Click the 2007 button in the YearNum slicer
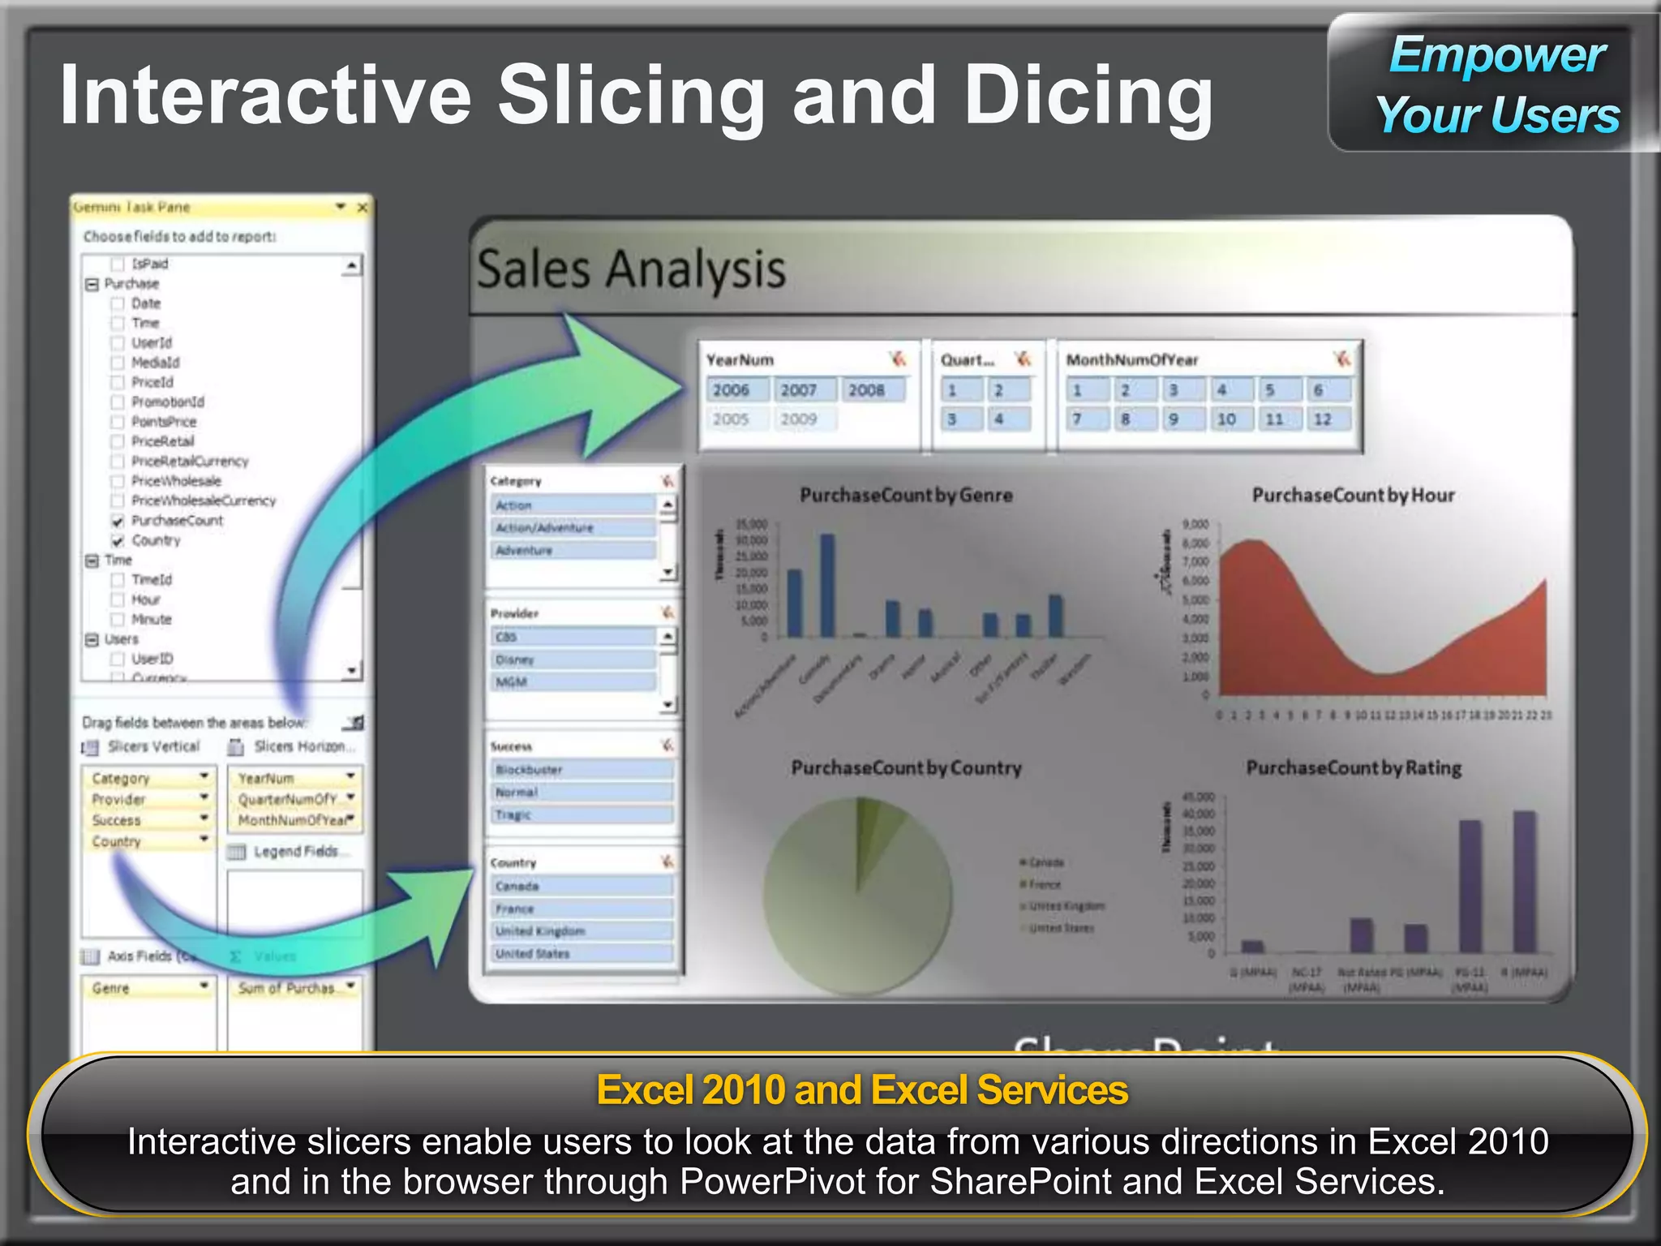pos(799,390)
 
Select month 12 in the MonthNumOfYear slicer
pos(1323,419)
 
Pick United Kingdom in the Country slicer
pos(582,931)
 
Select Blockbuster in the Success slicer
pos(582,769)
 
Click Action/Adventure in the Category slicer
pos(572,528)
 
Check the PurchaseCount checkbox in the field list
pos(118,521)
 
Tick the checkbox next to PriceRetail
pos(118,442)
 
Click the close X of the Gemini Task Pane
pos(363,208)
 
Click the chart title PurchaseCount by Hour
pos(1353,495)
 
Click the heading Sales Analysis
pos(631,269)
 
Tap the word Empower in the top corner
pos(1497,55)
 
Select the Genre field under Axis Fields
pos(146,988)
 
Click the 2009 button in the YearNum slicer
pos(799,419)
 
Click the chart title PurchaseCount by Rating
pos(1353,767)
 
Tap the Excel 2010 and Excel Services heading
pos(862,1089)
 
